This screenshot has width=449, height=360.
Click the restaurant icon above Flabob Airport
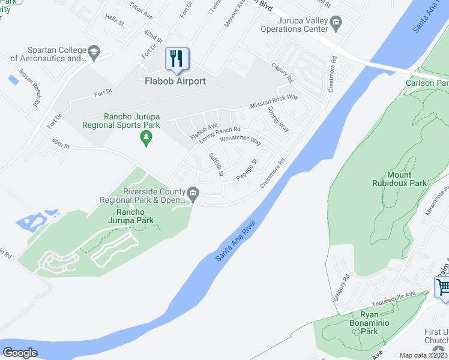pos(176,59)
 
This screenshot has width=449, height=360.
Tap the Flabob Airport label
pos(175,81)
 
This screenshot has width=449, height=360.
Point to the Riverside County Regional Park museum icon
pos(193,193)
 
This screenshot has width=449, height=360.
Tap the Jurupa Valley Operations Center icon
pos(336,23)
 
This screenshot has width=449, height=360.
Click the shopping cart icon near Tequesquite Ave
pos(443,286)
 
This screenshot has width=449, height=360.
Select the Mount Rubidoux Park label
pos(399,179)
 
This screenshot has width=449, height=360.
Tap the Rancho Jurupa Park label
pos(130,217)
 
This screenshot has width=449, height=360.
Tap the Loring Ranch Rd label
pos(220,133)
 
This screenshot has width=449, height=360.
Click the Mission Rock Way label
pos(274,100)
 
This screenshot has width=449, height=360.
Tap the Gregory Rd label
pos(341,288)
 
